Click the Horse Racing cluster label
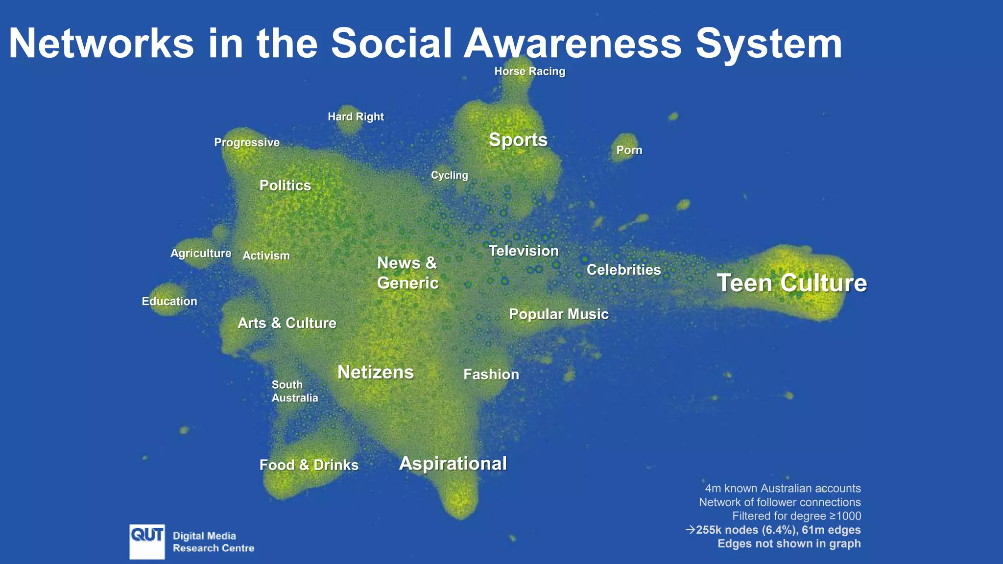pyautogui.click(x=529, y=71)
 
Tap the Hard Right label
pyautogui.click(x=356, y=117)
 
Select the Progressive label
pyautogui.click(x=247, y=142)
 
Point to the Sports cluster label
pyautogui.click(x=518, y=140)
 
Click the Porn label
pyautogui.click(x=629, y=150)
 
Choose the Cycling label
pyautogui.click(x=449, y=175)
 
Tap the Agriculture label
pyautogui.click(x=201, y=254)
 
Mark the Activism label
pyautogui.click(x=266, y=256)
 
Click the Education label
pyautogui.click(x=169, y=302)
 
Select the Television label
pyautogui.click(x=524, y=251)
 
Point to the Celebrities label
pyautogui.click(x=623, y=270)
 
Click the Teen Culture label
pyautogui.click(x=791, y=283)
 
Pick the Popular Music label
pyautogui.click(x=558, y=314)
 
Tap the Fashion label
pyautogui.click(x=491, y=375)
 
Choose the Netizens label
pyautogui.click(x=376, y=373)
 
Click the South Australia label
pyautogui.click(x=294, y=391)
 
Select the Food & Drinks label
pyautogui.click(x=309, y=465)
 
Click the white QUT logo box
pyautogui.click(x=147, y=541)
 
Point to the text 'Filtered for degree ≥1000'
pyautogui.click(x=796, y=516)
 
